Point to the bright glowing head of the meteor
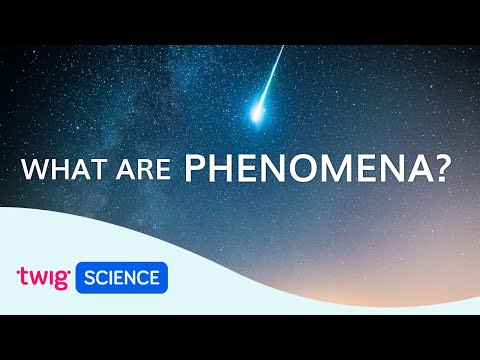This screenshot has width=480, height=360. point(259,115)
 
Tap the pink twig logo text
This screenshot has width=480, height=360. point(43,277)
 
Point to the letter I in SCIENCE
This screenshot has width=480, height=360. point(112,277)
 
